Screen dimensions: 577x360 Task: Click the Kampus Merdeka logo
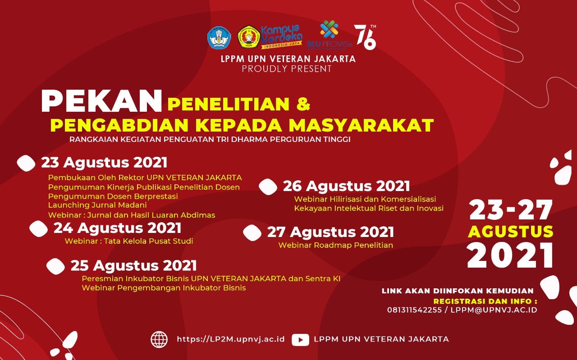click(x=282, y=36)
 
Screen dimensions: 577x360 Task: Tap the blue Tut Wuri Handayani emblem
click(x=219, y=37)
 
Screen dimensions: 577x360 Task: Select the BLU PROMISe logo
click(x=329, y=35)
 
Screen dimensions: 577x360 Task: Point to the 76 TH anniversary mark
click(x=365, y=37)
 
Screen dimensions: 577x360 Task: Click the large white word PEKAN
click(x=102, y=101)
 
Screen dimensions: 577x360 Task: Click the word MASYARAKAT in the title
click(x=361, y=125)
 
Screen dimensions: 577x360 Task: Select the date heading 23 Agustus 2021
click(x=104, y=163)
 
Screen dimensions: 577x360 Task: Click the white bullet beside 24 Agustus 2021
click(x=39, y=229)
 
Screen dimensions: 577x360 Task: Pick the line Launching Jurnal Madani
click(x=97, y=205)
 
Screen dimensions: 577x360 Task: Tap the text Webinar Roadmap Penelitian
click(x=336, y=245)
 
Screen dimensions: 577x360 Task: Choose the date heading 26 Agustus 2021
click(x=346, y=186)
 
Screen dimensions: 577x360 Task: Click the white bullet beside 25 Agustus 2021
click(x=55, y=266)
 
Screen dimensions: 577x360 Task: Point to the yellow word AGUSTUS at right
click(x=511, y=231)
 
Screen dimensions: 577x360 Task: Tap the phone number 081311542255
click(x=414, y=310)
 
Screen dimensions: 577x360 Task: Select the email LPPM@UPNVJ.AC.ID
click(x=494, y=310)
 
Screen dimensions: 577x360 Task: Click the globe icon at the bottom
click(x=159, y=339)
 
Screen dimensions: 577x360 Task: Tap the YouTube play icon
click(x=300, y=340)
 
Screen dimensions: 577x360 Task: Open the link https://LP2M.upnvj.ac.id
click(x=231, y=339)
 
